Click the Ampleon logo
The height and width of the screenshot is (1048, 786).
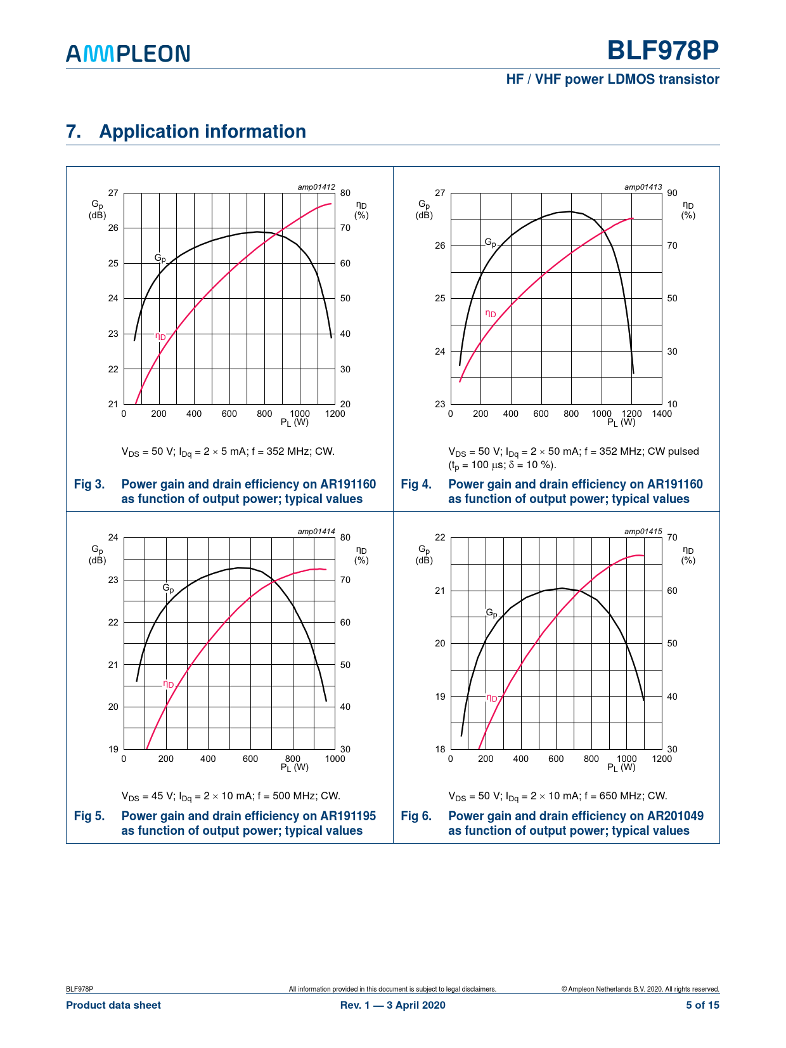(127, 53)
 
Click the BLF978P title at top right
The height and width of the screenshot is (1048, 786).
(662, 51)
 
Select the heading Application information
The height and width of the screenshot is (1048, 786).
(202, 131)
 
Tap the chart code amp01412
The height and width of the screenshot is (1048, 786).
(316, 187)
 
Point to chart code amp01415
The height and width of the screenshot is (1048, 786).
(643, 532)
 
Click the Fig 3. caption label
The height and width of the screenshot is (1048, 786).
(89, 485)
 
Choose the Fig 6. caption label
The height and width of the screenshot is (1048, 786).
(416, 816)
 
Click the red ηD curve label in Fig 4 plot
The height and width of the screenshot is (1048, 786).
(491, 313)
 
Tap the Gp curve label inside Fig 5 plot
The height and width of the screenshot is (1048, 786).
(168, 588)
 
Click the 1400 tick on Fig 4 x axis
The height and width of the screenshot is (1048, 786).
(662, 414)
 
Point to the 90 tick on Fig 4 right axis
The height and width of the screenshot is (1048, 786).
(672, 193)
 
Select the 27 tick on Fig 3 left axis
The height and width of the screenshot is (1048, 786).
(113, 193)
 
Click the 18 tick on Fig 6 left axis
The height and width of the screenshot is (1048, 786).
(440, 749)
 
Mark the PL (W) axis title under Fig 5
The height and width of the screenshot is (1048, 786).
(294, 768)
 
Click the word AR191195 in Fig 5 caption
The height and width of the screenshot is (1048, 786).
(348, 816)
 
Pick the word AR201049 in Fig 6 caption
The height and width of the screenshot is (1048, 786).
(674, 816)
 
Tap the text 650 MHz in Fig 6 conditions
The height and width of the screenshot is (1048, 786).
(623, 796)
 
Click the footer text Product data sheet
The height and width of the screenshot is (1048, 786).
(113, 1005)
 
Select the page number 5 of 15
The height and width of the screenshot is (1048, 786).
(702, 1005)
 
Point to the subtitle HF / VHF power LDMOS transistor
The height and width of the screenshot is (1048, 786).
(612, 79)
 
